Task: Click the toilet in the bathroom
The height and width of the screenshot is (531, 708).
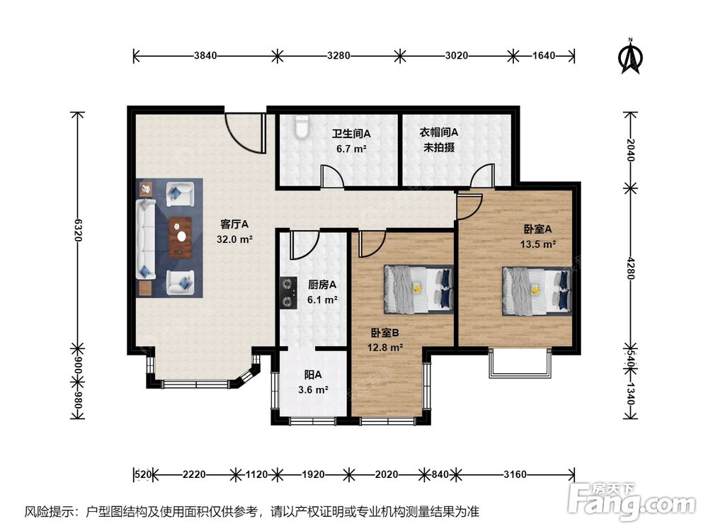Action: [301, 127]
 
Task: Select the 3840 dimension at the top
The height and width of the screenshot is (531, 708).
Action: [205, 55]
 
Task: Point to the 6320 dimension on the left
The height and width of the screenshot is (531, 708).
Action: [78, 230]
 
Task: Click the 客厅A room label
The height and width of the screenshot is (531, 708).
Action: [234, 224]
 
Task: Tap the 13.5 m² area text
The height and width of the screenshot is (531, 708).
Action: [538, 244]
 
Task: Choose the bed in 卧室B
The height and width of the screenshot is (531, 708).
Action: [418, 290]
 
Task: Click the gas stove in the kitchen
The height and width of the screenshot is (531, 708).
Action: [287, 293]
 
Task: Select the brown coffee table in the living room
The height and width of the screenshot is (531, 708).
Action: [180, 238]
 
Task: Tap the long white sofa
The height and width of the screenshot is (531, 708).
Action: [145, 240]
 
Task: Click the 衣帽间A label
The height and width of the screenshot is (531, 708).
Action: [439, 132]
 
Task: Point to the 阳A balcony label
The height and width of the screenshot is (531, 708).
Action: [313, 375]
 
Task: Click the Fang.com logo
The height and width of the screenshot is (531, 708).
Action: [632, 501]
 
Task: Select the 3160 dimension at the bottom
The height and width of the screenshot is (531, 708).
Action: [515, 474]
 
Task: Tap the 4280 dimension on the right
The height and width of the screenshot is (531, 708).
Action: [631, 268]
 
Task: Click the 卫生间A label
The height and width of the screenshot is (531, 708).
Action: [351, 134]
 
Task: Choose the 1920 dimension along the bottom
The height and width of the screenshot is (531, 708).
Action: [313, 474]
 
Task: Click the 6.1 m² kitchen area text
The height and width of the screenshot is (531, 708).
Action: [322, 299]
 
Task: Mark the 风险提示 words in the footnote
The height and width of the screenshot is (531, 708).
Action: [50, 512]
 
